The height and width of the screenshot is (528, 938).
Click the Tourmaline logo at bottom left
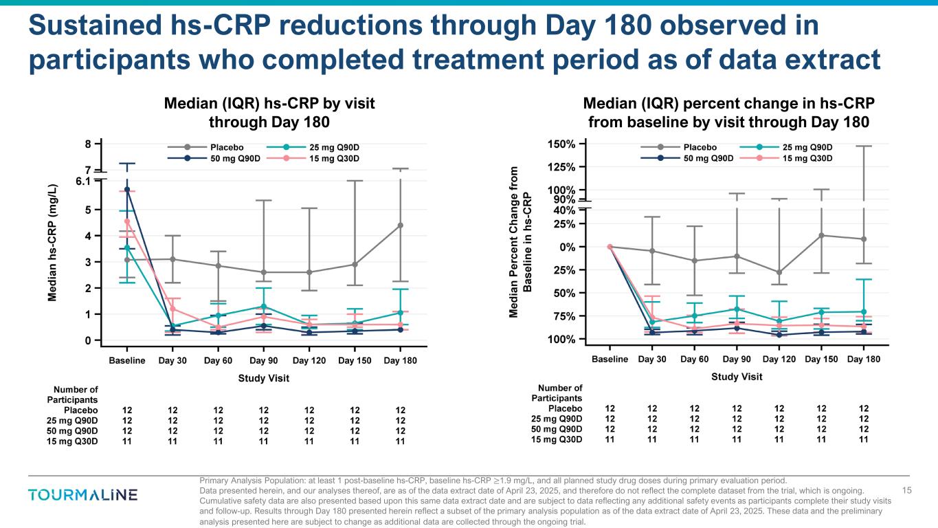tap(82, 495)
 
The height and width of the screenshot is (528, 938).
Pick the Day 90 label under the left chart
tap(264, 361)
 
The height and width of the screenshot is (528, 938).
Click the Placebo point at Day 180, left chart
tap(400, 225)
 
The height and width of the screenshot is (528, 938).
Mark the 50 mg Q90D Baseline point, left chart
tap(127, 189)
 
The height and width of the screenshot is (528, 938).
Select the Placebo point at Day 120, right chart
tap(779, 272)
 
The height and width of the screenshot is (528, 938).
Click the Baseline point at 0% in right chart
tap(610, 246)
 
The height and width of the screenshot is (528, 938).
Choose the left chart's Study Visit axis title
tap(263, 378)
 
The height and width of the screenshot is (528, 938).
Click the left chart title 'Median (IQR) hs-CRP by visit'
tap(269, 104)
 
